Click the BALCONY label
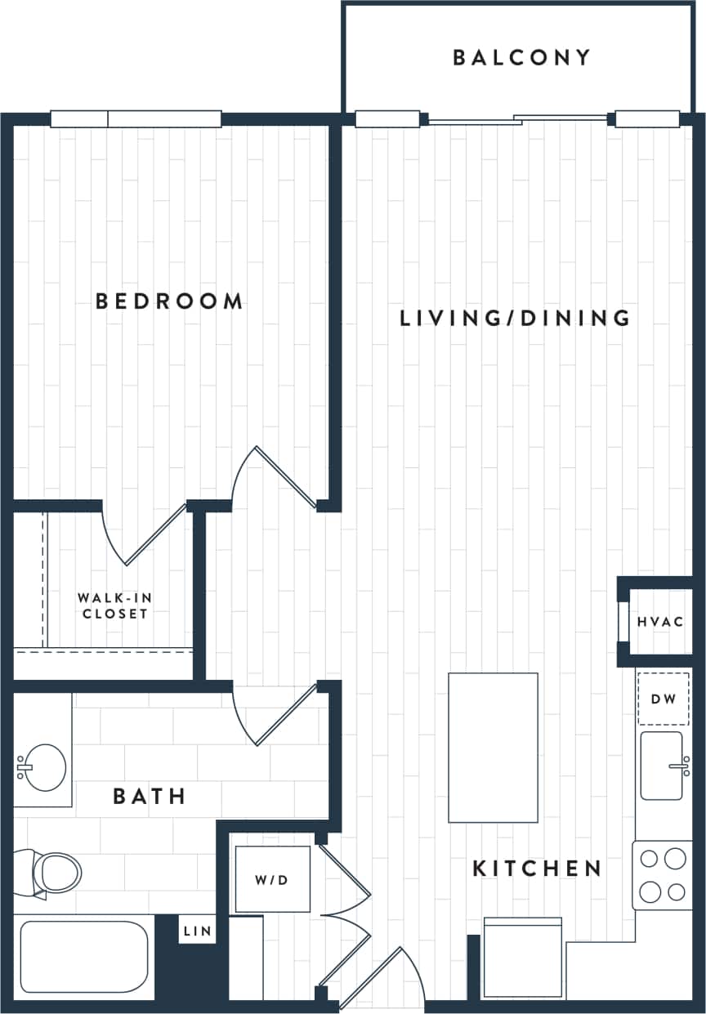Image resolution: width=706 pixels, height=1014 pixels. [521, 57]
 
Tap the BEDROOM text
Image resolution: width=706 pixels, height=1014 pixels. [169, 302]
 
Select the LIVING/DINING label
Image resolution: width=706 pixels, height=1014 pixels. [515, 318]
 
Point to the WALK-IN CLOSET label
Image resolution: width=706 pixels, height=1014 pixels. [114, 605]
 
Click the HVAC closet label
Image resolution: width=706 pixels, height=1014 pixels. [660, 622]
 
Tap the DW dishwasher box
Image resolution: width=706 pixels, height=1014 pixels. [663, 699]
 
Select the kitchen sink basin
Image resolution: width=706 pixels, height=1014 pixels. [661, 766]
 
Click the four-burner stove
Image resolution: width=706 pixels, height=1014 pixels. [663, 875]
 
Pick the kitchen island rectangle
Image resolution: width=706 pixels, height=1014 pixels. [493, 748]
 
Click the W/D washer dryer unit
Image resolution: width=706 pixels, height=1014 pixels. [273, 879]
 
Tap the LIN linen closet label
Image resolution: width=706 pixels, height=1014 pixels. [197, 931]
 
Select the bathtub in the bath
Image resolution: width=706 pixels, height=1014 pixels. [83, 958]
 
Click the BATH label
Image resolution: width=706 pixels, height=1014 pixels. [150, 796]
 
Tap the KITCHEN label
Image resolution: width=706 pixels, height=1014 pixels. [537, 869]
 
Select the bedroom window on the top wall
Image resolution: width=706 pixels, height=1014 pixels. [136, 119]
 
